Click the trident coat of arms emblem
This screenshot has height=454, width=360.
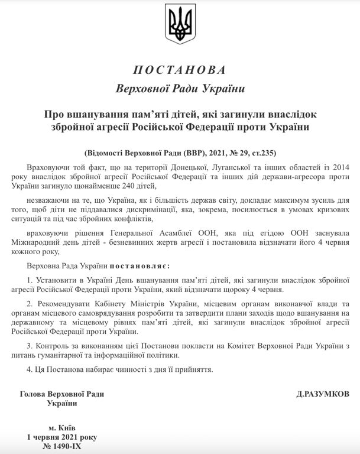tap(180, 25)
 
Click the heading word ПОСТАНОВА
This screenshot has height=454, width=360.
tap(180, 70)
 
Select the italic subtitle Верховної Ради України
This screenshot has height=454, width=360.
tap(180, 89)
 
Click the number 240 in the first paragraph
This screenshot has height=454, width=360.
tap(127, 186)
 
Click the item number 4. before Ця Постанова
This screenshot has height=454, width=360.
tap(30, 369)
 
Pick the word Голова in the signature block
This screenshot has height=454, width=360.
tap(34, 394)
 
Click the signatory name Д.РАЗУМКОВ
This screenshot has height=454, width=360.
tap(323, 394)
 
